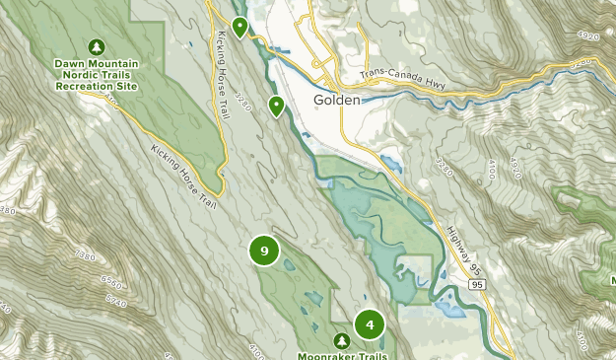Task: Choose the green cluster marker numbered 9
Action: coord(264,251)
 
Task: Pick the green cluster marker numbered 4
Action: coord(369,324)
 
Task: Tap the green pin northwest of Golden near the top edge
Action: coord(240,26)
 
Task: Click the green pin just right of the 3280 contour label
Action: coord(278,105)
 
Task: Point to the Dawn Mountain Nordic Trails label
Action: coord(96,75)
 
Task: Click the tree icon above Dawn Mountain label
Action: coord(96,46)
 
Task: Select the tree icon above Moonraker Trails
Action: coord(341,340)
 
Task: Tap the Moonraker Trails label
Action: coord(341,354)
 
